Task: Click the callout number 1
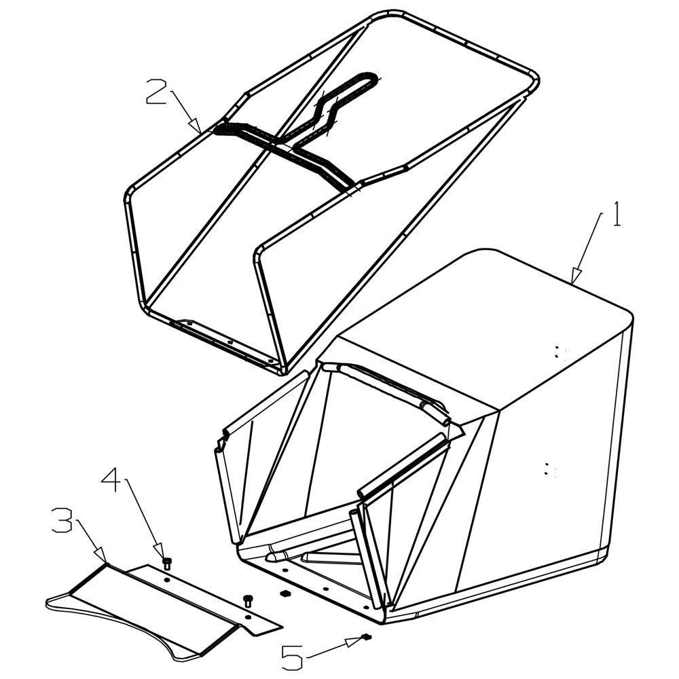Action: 617,215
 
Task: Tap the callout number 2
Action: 157,92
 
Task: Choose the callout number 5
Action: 292,657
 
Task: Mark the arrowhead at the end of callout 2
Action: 196,126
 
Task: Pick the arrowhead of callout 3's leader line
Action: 100,555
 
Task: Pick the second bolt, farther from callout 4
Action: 248,601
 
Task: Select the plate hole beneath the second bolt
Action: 247,617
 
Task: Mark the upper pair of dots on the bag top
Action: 560,352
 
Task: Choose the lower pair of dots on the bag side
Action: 549,469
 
